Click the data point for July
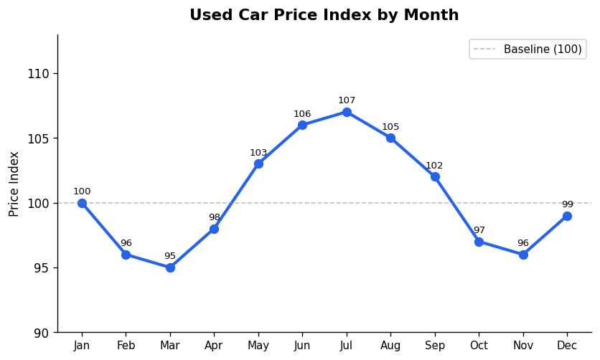click(347, 112)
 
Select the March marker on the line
click(170, 267)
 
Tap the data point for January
click(82, 203)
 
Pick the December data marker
click(567, 216)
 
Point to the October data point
click(479, 242)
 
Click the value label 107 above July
click(347, 100)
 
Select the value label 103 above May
click(258, 153)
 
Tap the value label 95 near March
click(170, 256)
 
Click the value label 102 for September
click(434, 166)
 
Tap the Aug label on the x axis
click(390, 346)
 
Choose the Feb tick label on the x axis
click(126, 346)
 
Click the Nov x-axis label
click(523, 346)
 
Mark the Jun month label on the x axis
click(302, 346)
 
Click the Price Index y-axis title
click(14, 184)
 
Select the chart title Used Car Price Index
click(324, 15)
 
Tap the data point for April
click(214, 229)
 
